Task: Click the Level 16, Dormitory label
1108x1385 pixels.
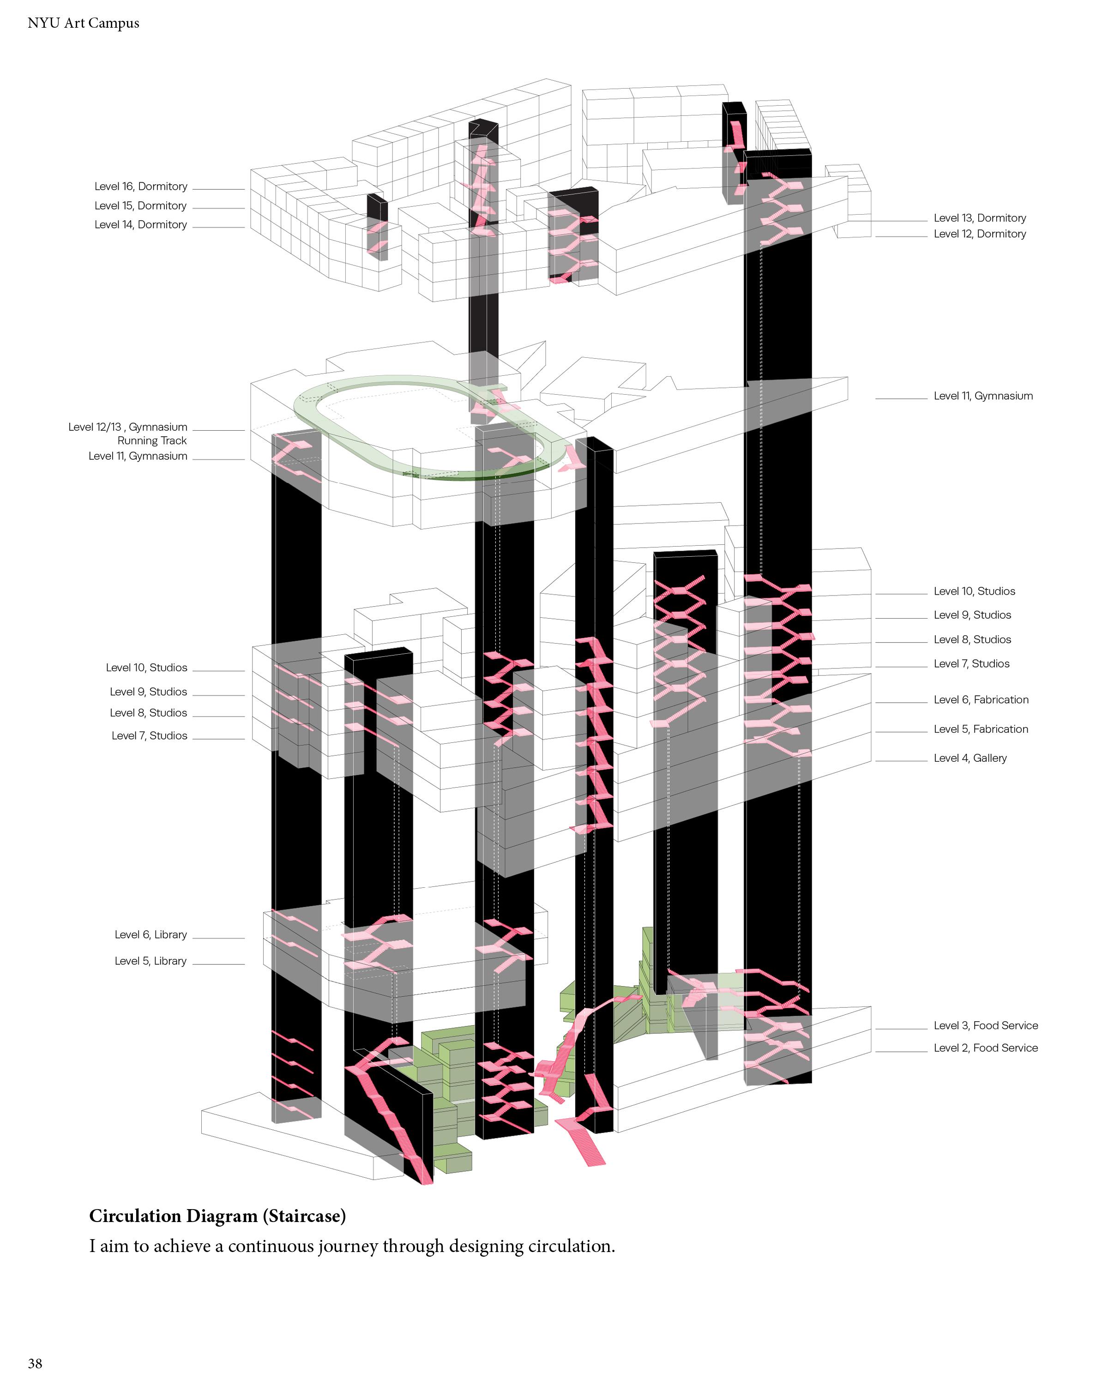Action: (x=141, y=187)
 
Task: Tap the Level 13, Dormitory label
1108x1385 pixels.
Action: (x=980, y=218)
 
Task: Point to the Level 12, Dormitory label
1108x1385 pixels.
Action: (x=980, y=234)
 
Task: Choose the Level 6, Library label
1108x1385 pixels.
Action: (x=151, y=935)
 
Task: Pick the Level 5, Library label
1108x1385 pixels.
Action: (x=151, y=961)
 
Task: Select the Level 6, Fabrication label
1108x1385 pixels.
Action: (x=981, y=699)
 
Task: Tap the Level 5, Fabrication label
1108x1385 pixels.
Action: (x=981, y=729)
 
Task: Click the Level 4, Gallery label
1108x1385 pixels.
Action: (x=970, y=758)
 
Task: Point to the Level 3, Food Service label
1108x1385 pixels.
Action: (x=985, y=1026)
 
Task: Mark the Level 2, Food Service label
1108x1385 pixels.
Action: (x=985, y=1048)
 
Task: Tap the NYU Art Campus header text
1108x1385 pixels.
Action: (x=84, y=23)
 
